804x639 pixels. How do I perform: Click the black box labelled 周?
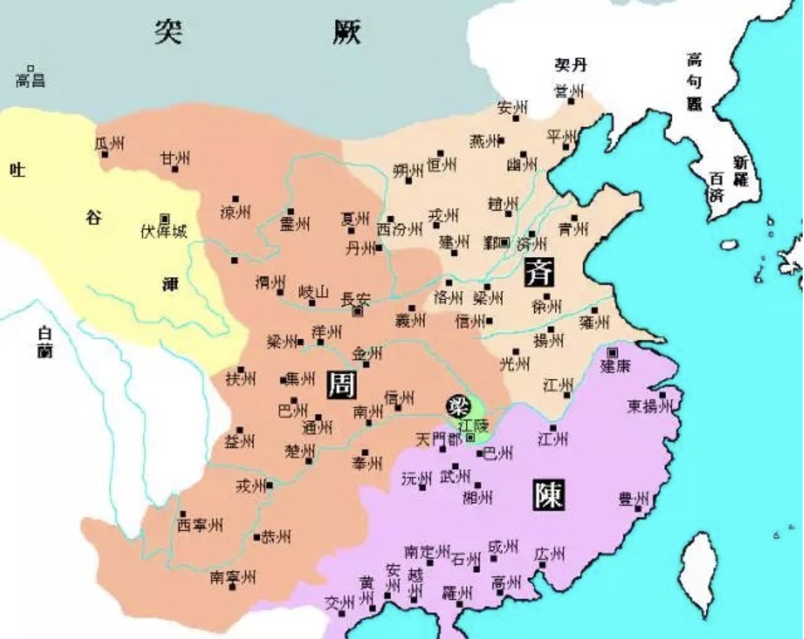(x=341, y=385)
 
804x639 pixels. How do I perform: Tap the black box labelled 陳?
(x=547, y=494)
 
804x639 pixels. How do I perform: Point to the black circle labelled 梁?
(x=458, y=404)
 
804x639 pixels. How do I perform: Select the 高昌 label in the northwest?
(x=30, y=80)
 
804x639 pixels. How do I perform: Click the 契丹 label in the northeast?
(x=570, y=64)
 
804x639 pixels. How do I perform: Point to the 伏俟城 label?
(x=164, y=231)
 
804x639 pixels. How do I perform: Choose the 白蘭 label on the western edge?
(x=45, y=342)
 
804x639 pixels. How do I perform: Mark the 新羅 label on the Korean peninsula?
(x=740, y=171)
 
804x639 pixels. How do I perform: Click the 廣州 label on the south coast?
(x=549, y=554)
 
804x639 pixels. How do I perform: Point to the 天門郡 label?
(x=439, y=439)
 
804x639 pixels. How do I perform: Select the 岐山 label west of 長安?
(x=314, y=292)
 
